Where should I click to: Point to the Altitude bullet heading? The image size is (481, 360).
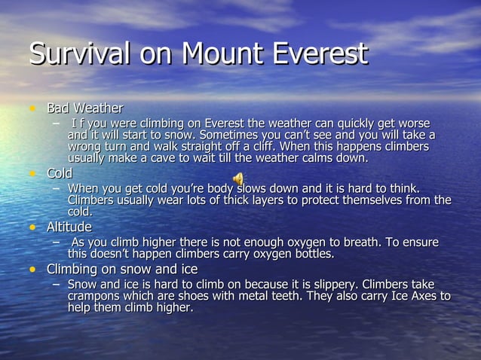69,227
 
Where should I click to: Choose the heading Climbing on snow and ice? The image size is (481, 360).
122,269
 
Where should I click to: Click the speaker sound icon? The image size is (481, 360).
238,178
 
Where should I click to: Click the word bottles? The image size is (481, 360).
311,254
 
